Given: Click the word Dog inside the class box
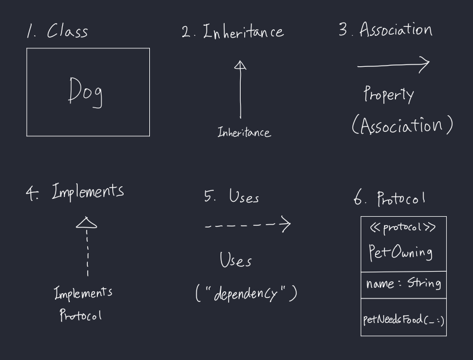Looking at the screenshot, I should (x=85, y=93).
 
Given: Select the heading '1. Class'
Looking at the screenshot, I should (x=57, y=31).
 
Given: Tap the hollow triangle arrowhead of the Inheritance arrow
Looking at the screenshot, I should (x=240, y=66).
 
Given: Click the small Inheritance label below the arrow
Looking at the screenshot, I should (x=244, y=133).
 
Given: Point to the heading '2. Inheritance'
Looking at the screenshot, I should (x=232, y=32).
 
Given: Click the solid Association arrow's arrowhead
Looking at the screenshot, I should (x=424, y=64).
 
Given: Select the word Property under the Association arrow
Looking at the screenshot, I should (x=389, y=94).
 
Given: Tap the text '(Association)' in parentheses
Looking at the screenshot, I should (x=402, y=125).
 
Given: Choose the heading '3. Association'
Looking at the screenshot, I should (x=385, y=30).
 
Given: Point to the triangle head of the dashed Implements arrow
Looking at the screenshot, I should (x=87, y=223).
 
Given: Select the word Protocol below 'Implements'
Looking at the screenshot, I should (x=80, y=315).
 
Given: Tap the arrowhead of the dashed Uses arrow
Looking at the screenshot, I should (x=285, y=224).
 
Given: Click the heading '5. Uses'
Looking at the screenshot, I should (x=232, y=196).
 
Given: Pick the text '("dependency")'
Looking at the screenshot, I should (x=246, y=294).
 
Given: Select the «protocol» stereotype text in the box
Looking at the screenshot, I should (x=403, y=227).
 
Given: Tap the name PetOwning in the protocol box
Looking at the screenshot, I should (x=400, y=253).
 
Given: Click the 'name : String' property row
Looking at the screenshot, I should (x=403, y=284).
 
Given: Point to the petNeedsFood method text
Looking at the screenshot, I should (x=403, y=319).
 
